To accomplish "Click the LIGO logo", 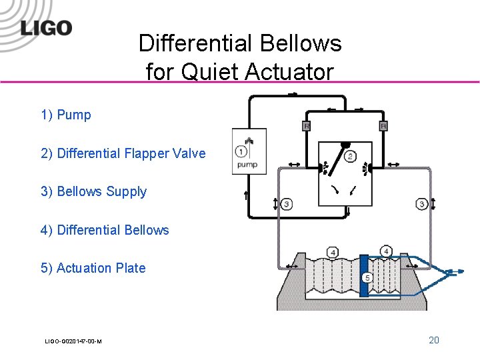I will (x=45, y=28).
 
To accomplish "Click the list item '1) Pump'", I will (x=65, y=115).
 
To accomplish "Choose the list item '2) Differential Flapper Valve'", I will (x=123, y=153).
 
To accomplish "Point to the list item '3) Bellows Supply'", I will (x=93, y=191).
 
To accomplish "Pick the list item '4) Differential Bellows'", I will (x=105, y=230).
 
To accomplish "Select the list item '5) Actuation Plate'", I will (x=93, y=268).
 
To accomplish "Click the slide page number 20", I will (x=433, y=340).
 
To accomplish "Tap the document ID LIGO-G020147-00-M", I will (x=73, y=341).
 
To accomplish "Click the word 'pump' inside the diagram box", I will (x=248, y=164).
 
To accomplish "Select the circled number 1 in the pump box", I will (x=241, y=151).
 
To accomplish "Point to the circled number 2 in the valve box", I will (x=350, y=157).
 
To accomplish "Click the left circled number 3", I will (x=286, y=203).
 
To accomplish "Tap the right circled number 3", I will (x=421, y=203).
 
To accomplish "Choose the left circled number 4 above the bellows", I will (x=333, y=252).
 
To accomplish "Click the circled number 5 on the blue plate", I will (x=367, y=277).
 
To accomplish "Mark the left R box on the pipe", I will (x=307, y=126).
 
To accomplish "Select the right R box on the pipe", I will (x=383, y=126).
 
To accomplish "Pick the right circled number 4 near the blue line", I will (x=387, y=251).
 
